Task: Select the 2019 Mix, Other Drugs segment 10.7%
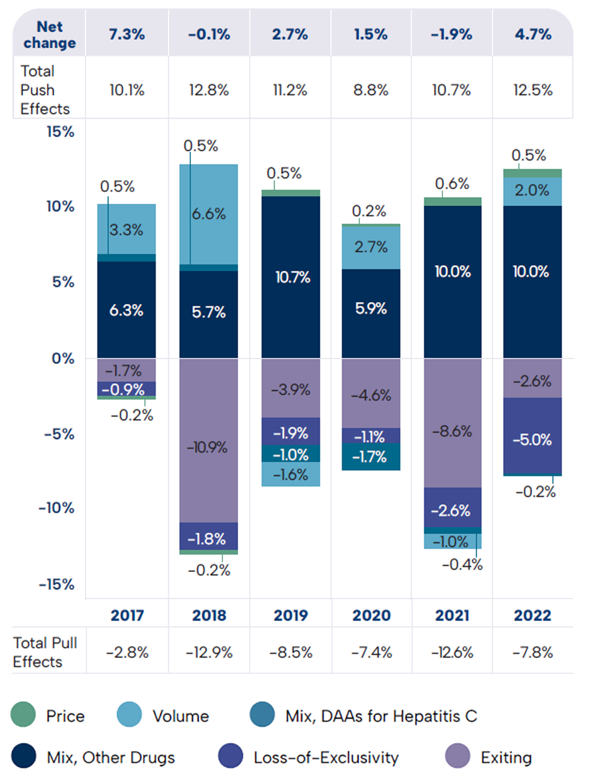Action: (x=291, y=277)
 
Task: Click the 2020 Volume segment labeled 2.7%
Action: (x=371, y=247)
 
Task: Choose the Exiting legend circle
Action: (x=458, y=757)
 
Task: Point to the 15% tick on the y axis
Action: (x=60, y=132)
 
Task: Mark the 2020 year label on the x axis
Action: (x=371, y=615)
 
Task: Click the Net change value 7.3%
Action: (x=127, y=35)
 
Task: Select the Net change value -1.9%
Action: (x=451, y=35)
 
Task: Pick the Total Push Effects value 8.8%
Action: (x=371, y=90)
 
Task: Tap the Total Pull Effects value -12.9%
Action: (x=208, y=652)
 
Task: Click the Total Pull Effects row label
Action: (x=45, y=652)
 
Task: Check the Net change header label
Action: (x=49, y=35)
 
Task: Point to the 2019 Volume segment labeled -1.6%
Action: (x=291, y=474)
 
